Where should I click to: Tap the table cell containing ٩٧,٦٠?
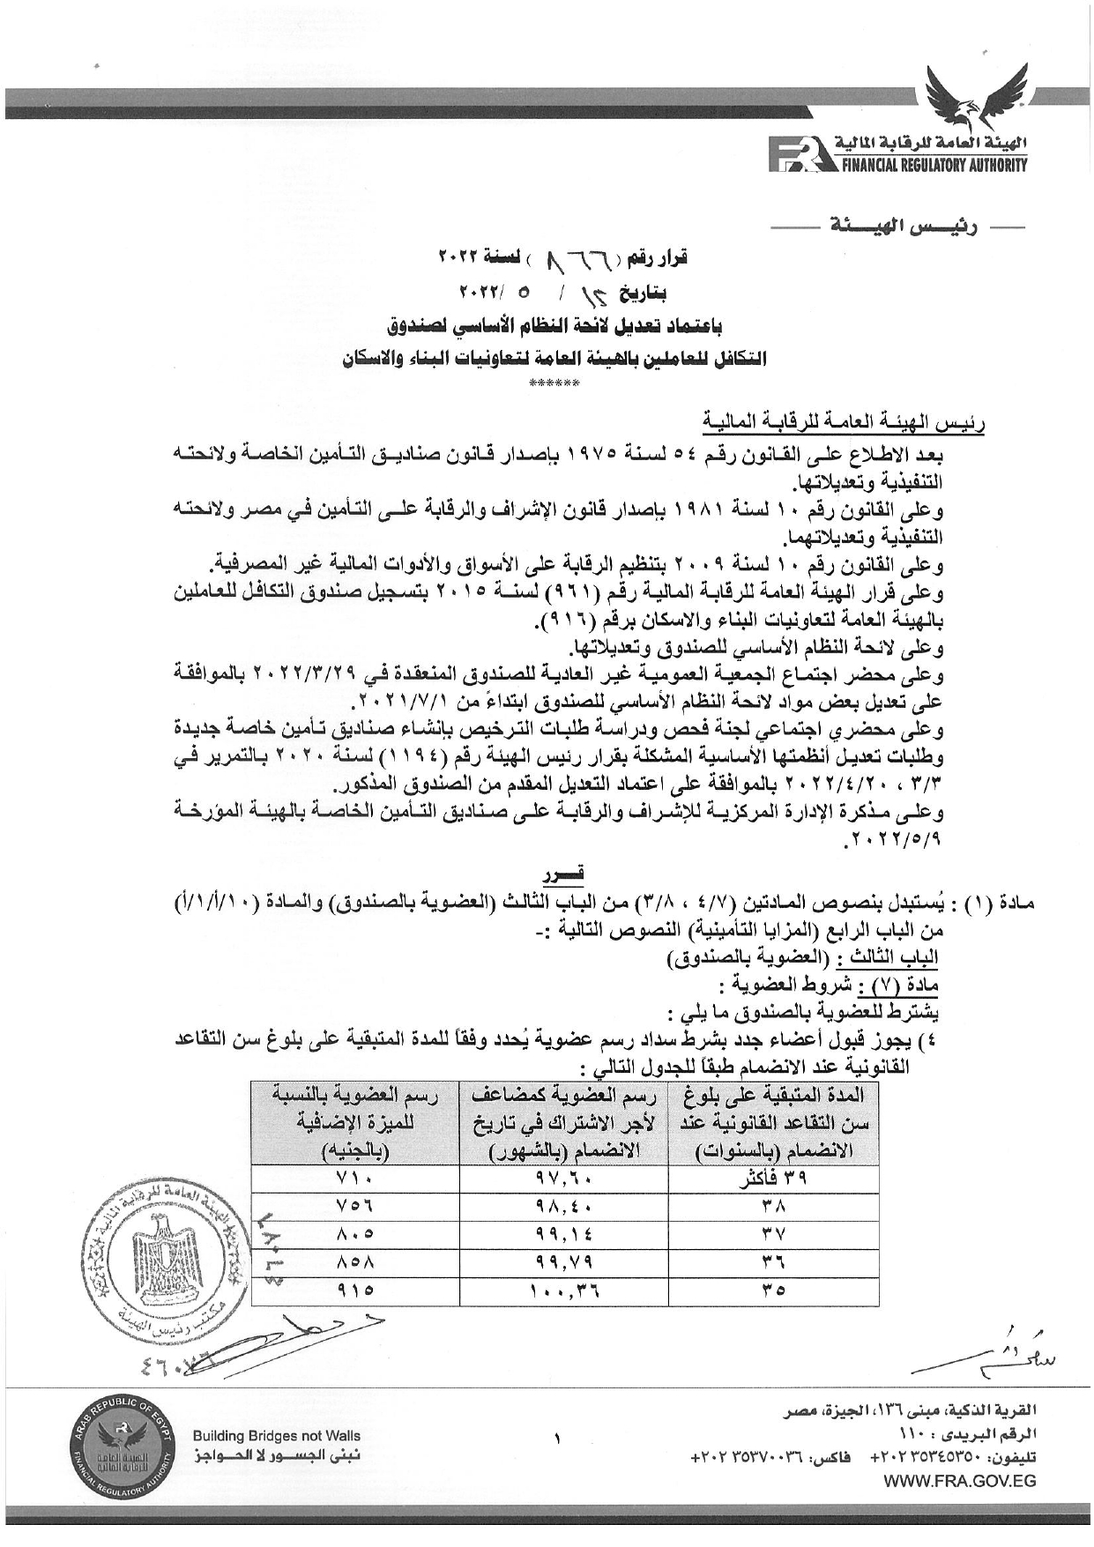click(x=564, y=1179)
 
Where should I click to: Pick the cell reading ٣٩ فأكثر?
click(x=775, y=1179)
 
